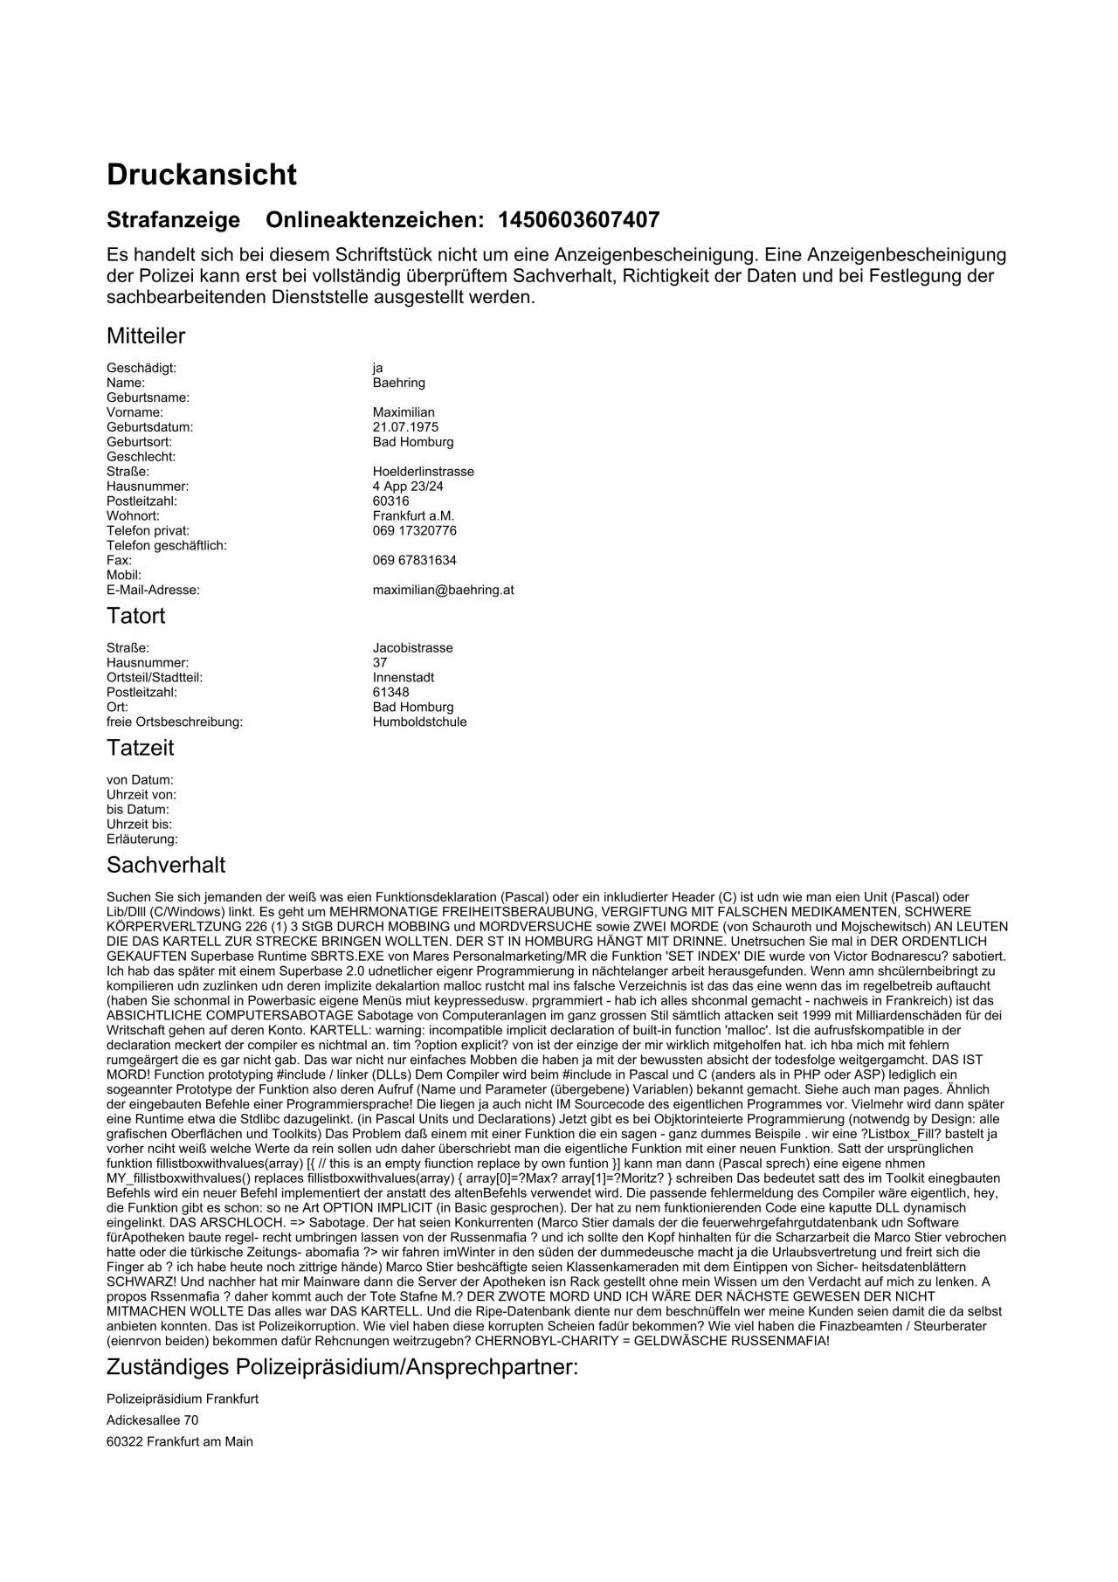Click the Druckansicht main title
click(202, 175)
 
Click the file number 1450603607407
click(578, 220)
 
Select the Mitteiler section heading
click(146, 336)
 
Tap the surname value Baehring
click(398, 383)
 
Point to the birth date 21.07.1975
click(405, 427)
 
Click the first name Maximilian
click(403, 412)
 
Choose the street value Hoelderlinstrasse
click(423, 472)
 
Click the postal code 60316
click(390, 501)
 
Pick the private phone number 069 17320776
click(414, 531)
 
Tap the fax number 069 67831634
click(414, 560)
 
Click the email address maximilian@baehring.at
click(443, 590)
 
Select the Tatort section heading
click(135, 616)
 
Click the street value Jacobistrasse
click(412, 648)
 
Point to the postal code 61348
click(390, 693)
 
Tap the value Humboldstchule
click(419, 722)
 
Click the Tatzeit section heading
click(140, 748)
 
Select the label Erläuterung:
click(141, 839)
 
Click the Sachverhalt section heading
click(166, 865)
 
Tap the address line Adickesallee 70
click(152, 1420)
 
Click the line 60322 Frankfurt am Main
click(180, 1442)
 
